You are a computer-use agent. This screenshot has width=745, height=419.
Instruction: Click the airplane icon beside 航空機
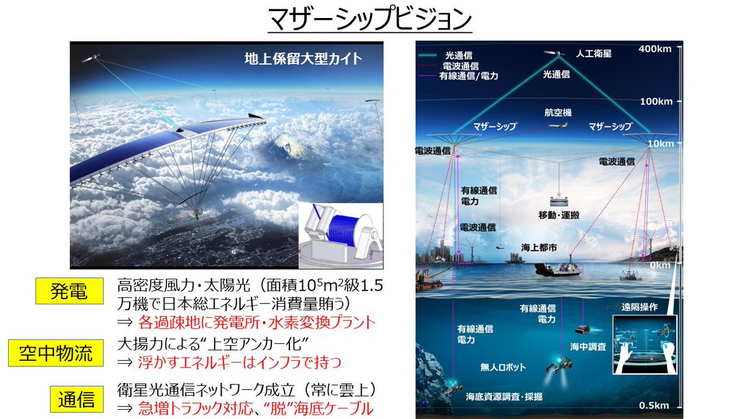click(x=557, y=125)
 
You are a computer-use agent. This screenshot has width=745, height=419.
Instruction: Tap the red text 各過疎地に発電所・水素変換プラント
click(x=257, y=323)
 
